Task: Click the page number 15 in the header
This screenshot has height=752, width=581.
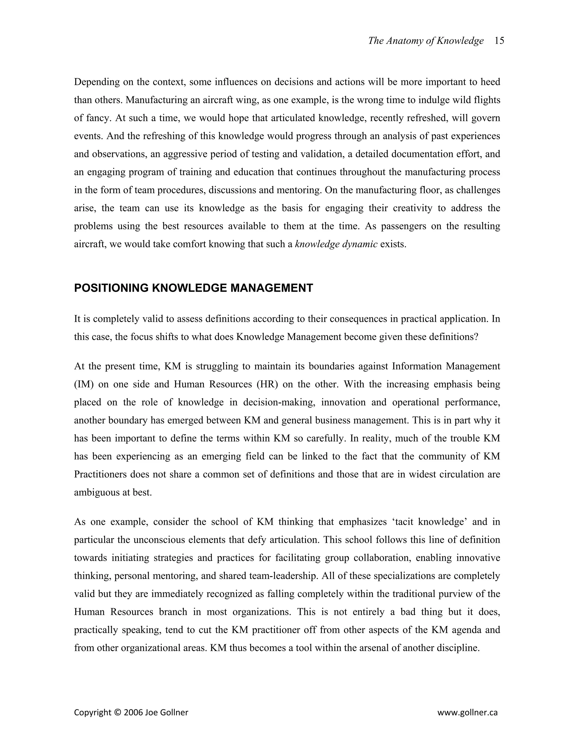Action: [x=499, y=41]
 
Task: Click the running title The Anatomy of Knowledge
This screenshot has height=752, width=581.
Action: [x=426, y=41]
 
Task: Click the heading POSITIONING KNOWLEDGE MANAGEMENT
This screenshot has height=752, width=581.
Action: [x=193, y=288]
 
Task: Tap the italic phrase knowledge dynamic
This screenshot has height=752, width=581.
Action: [x=336, y=244]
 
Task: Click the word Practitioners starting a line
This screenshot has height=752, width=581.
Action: [x=100, y=474]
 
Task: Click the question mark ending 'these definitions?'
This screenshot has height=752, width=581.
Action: [x=476, y=337]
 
